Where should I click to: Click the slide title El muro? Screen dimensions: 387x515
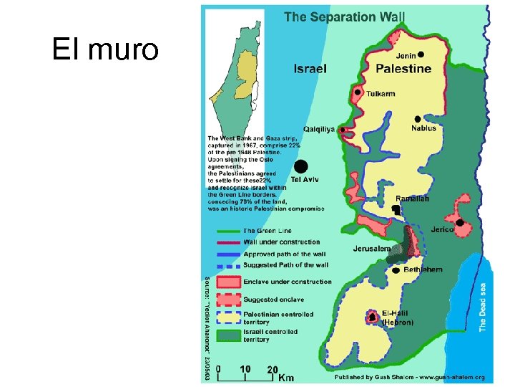[105, 49]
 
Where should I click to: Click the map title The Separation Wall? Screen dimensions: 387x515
[344, 16]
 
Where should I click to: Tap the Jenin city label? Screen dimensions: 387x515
[406, 54]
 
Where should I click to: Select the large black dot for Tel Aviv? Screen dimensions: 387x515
[302, 166]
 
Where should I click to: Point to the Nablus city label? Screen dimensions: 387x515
[423, 128]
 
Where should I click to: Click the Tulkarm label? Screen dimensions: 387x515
[380, 94]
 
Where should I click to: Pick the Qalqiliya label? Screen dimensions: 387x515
[319, 130]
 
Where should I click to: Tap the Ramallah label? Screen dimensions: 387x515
[412, 199]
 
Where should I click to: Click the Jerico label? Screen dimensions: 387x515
[442, 230]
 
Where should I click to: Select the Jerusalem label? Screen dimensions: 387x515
[371, 249]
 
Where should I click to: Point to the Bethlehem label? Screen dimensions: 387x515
[423, 269]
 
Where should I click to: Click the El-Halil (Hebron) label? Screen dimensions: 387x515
[398, 318]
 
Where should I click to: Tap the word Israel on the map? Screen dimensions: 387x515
[310, 69]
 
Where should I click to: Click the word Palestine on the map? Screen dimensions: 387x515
[403, 69]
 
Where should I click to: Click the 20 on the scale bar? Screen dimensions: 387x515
[272, 369]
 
